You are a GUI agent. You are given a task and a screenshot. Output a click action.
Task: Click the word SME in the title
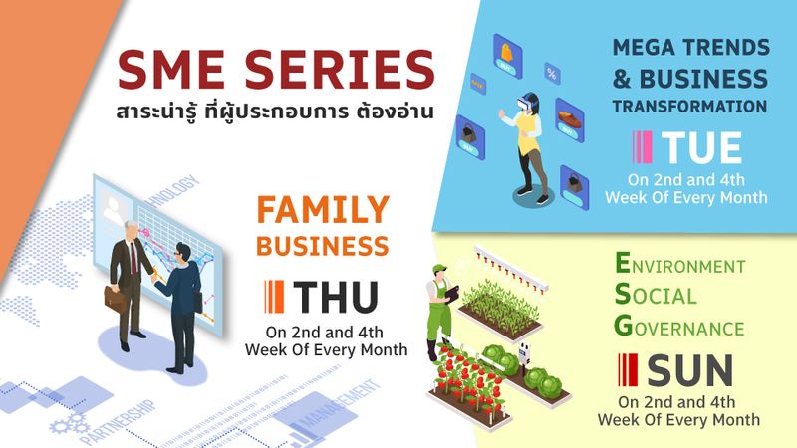170,69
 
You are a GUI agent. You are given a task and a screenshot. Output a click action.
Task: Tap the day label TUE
701,147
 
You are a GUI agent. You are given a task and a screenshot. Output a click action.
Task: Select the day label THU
336,297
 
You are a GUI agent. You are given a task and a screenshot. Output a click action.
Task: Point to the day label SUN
689,370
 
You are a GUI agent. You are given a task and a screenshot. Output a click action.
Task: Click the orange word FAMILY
323,210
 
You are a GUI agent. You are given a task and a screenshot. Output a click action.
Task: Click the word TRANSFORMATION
689,107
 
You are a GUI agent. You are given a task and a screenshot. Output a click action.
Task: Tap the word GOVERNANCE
679,327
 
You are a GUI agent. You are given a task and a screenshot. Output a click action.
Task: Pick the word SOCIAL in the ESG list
656,295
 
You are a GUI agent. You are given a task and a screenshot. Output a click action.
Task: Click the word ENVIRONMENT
680,264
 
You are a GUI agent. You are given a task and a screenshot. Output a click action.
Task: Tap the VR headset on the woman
525,105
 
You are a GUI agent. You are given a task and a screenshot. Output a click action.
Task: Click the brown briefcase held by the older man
115,300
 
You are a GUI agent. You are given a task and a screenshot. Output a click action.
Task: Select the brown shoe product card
569,119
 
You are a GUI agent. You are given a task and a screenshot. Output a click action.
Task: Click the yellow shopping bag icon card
508,55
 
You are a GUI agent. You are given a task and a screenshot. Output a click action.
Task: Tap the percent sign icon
552,74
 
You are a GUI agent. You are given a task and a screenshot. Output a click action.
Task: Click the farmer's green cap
439,268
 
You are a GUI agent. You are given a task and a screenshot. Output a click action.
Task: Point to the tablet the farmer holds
452,294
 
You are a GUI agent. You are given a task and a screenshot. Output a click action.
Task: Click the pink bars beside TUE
642,147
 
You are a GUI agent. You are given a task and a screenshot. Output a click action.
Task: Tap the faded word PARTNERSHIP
118,422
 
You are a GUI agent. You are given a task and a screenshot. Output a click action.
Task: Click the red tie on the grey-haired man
133,258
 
